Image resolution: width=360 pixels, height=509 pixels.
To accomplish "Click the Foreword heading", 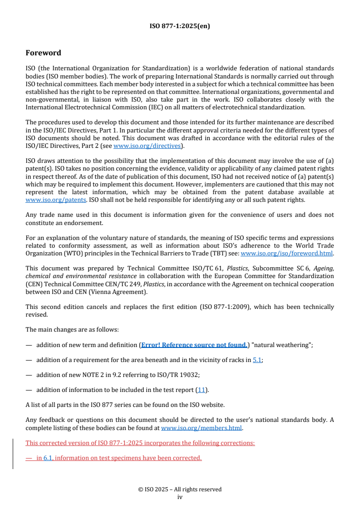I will (x=43, y=53).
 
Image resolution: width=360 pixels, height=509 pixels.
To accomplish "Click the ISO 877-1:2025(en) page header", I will (x=180, y=26).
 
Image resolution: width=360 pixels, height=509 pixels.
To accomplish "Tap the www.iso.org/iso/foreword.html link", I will (x=286, y=254).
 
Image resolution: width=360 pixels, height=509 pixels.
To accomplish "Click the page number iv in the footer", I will (x=180, y=497).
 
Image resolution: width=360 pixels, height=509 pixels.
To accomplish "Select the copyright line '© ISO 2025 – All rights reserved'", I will (x=180, y=489).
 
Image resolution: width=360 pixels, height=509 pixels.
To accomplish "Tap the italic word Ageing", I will (x=323, y=269).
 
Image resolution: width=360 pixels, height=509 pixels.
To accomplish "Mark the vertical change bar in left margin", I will (x=13, y=453).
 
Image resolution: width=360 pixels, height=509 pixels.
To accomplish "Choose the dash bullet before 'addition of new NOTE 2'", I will (x=29, y=375).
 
